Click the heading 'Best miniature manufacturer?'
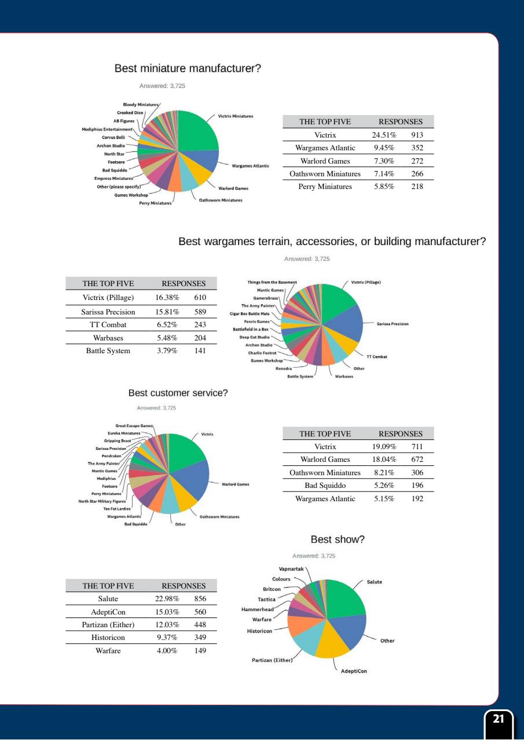coord(188,69)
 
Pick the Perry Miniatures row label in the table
coord(325,186)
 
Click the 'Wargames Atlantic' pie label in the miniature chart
coord(250,166)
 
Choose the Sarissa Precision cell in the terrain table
coord(108,312)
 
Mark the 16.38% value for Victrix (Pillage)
coord(168,297)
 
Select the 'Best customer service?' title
coord(178,393)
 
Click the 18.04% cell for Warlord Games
coord(383,460)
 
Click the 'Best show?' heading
coord(337,539)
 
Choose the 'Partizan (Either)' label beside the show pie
coord(272,660)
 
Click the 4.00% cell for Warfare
coord(168,650)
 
